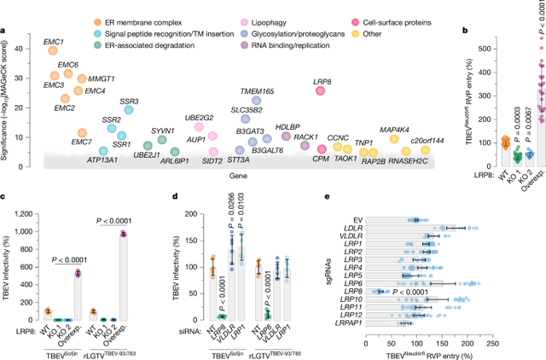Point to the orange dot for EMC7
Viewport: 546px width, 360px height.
[82, 133]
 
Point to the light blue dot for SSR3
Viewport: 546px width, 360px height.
[129, 109]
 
